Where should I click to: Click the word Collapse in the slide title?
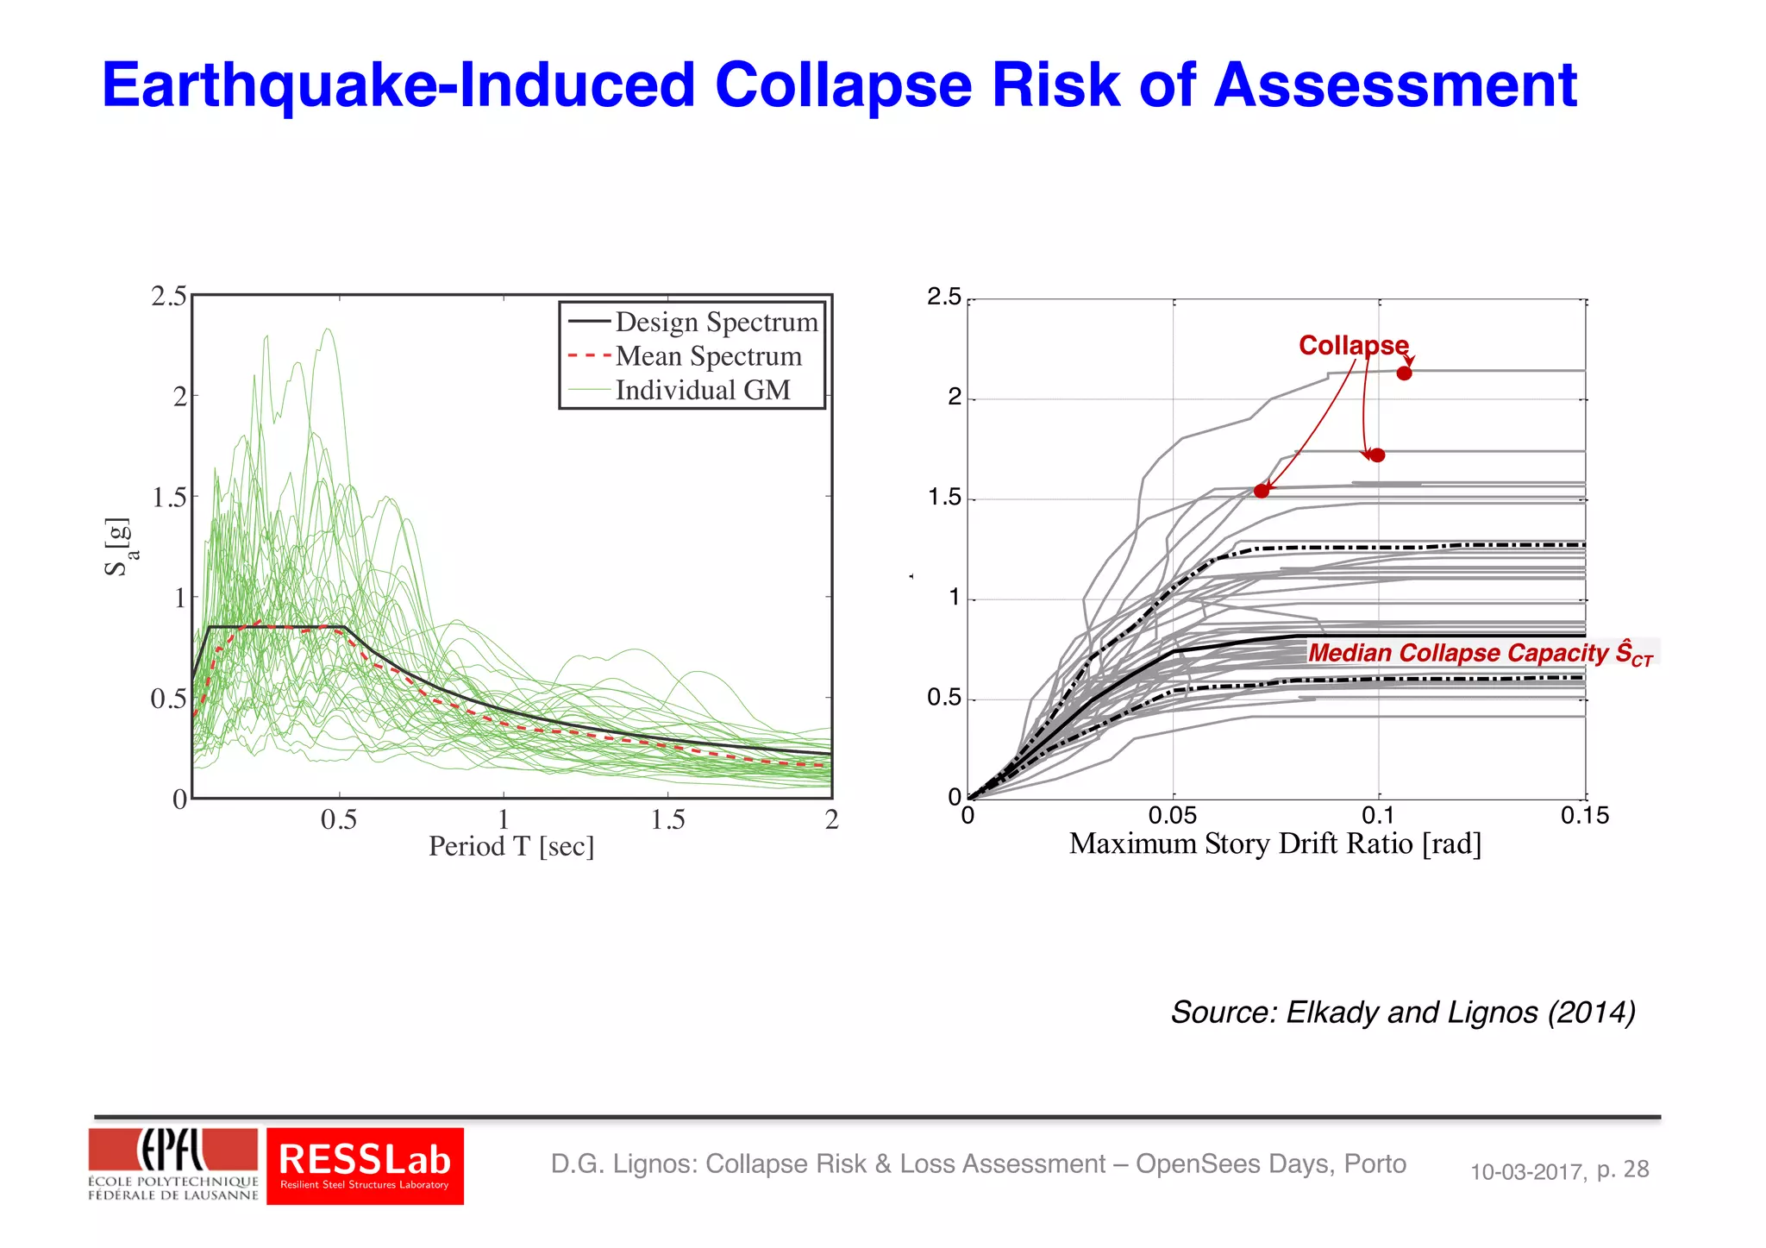pos(842,85)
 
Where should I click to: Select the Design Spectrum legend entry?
pos(716,322)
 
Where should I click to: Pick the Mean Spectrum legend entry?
pos(708,356)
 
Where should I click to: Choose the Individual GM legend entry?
pos(702,390)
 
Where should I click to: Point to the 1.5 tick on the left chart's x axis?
pos(667,819)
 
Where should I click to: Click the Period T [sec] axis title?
pos(511,846)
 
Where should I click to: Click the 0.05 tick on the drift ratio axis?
pos(1172,815)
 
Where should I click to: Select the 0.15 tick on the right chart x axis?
pos(1584,815)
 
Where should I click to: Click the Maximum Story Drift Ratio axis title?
pos(1274,843)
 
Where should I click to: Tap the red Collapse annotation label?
pos(1353,345)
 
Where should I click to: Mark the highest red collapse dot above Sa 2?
pos(1404,373)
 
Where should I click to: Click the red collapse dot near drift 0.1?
pos(1377,455)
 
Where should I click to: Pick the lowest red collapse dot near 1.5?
pos(1262,491)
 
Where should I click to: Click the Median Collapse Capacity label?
pos(1480,653)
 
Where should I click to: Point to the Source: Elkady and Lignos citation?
pos(1402,1012)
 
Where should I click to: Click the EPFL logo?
pos(172,1163)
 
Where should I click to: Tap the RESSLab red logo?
pos(365,1165)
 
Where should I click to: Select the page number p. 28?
pos(1622,1170)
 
